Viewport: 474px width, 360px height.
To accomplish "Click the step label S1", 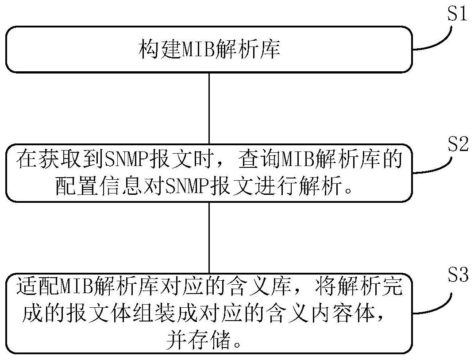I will click(457, 14).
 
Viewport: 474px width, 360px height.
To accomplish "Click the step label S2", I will click(457, 145).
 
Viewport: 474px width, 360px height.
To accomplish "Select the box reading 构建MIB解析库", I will click(209, 50).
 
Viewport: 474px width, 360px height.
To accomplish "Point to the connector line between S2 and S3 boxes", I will click(209, 238).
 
